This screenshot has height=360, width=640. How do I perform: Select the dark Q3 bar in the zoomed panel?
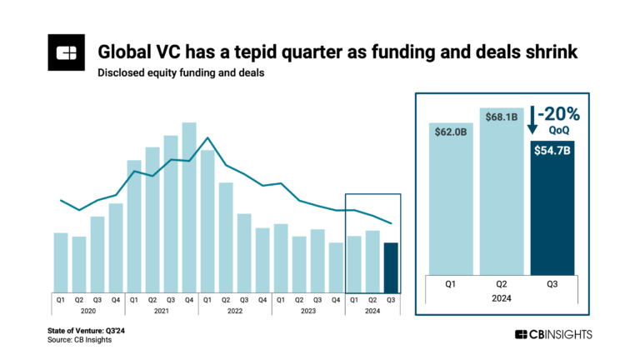pos(553,208)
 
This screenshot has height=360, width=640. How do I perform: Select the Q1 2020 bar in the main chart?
pos(61,262)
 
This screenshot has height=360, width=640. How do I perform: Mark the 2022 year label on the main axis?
pos(235,311)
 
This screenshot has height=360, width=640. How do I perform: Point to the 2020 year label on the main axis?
pos(88,311)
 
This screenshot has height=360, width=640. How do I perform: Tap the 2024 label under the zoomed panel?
pos(502,297)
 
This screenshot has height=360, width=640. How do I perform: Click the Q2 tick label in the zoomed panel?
pos(503,282)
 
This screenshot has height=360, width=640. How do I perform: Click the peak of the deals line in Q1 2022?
pos(207,137)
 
